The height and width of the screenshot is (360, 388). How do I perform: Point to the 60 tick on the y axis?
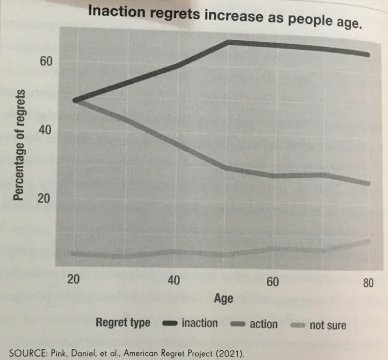(x=45, y=62)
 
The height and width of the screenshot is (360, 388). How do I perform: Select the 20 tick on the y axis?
(x=45, y=198)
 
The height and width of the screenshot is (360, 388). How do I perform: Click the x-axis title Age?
(x=223, y=299)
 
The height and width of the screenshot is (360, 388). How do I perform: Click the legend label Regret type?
(x=123, y=323)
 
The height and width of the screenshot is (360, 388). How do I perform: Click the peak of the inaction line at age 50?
(x=228, y=43)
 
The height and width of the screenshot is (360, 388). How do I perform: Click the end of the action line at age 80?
(x=368, y=183)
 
